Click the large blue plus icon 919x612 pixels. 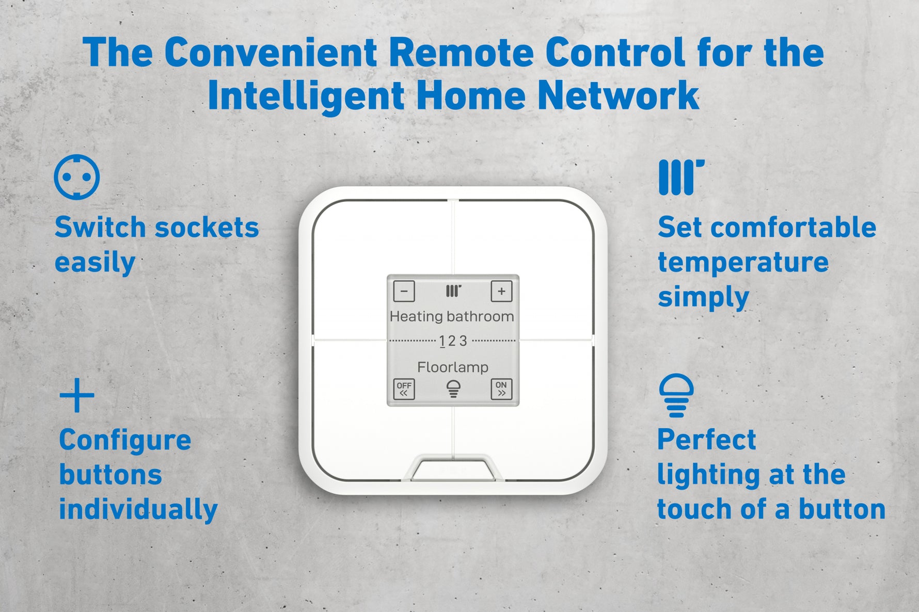77,395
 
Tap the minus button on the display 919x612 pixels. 404,291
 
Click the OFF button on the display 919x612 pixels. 404,389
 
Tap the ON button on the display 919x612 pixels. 501,389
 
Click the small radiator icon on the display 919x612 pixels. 453,291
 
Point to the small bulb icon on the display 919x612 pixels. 453,389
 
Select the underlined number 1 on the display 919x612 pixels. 442,341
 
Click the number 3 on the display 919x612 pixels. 463,341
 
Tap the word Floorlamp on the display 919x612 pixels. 453,367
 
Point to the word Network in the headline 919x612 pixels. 619,95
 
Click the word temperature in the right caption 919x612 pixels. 743,262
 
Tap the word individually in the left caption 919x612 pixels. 138,510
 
